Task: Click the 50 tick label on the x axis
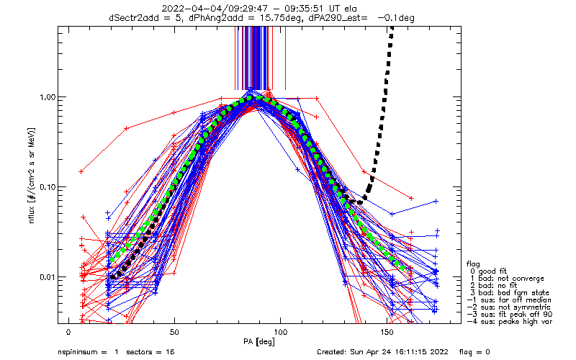174,332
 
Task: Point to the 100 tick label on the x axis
280,332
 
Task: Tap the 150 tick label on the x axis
387,332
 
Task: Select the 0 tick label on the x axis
68,332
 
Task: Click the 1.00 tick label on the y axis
47,97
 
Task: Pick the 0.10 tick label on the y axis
47,187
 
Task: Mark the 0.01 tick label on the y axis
47,277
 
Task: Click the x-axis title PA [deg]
259,342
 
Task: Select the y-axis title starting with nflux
32,176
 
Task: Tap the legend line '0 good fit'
488,271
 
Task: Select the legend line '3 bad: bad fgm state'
509,293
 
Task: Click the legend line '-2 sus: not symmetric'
509,307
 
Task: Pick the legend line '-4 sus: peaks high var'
510,321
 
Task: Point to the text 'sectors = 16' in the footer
150,352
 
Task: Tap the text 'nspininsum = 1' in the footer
88,352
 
